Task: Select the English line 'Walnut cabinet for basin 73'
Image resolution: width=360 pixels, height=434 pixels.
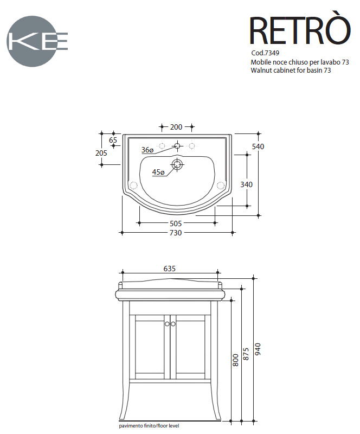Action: pyautogui.click(x=291, y=71)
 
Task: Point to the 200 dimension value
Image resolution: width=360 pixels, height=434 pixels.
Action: pyautogui.click(x=176, y=127)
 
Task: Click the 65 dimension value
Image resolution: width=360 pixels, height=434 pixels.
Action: pyautogui.click(x=113, y=140)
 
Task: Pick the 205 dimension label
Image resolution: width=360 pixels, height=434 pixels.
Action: pyautogui.click(x=101, y=153)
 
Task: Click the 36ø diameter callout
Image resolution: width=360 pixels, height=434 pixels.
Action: pyautogui.click(x=147, y=150)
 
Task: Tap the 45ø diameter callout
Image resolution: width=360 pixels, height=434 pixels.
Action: pyautogui.click(x=158, y=172)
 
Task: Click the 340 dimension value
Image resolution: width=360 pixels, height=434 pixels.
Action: pyautogui.click(x=246, y=184)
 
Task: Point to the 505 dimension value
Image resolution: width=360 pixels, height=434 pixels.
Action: pyautogui.click(x=176, y=223)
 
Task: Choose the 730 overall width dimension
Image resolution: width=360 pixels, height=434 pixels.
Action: pyautogui.click(x=176, y=233)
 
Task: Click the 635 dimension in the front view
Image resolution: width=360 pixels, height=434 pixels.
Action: pyautogui.click(x=170, y=268)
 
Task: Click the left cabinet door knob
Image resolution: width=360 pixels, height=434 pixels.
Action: pyautogui.click(x=168, y=323)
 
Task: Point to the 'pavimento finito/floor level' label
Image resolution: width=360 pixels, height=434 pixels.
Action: pyautogui.click(x=149, y=426)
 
